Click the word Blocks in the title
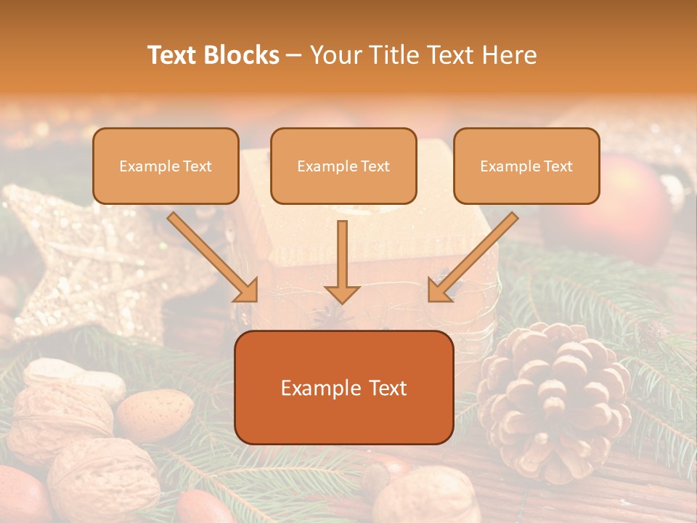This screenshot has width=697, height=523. [x=243, y=55]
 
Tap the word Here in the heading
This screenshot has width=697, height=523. [x=510, y=55]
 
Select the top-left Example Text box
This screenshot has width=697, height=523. [x=166, y=166]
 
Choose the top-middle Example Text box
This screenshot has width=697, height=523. [x=343, y=166]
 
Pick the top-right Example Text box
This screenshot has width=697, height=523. [x=526, y=166]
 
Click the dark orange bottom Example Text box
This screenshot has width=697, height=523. [x=344, y=388]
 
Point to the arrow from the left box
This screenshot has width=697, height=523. [x=214, y=257]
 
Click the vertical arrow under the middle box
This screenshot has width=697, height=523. [x=342, y=261]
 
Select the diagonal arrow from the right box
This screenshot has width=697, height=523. [x=472, y=257]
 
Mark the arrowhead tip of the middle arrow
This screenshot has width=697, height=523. [x=342, y=302]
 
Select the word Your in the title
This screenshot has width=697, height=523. [x=334, y=55]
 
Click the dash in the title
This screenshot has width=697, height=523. [x=294, y=55]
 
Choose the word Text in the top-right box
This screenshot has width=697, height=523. [x=558, y=166]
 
